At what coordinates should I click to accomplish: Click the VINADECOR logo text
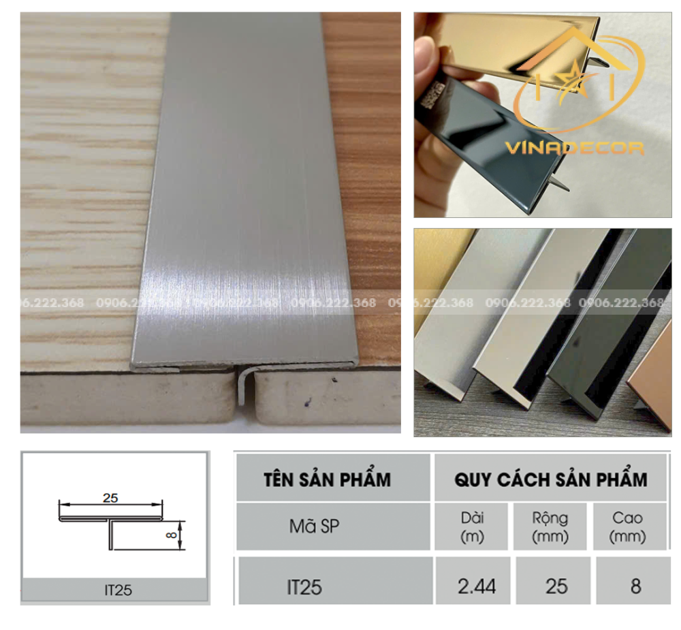tap(574, 147)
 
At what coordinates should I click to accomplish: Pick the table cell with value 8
tap(635, 585)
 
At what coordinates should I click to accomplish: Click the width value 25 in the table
tap(556, 585)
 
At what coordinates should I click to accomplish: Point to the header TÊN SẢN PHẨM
tap(327, 479)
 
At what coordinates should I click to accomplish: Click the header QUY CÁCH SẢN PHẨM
tap(550, 479)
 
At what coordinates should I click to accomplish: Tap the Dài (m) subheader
tap(472, 526)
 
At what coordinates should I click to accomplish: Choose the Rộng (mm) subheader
tap(550, 526)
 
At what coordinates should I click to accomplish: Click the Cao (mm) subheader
tap(627, 526)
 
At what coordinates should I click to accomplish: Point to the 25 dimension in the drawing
tap(110, 498)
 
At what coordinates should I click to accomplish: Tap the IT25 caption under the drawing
tap(114, 590)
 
